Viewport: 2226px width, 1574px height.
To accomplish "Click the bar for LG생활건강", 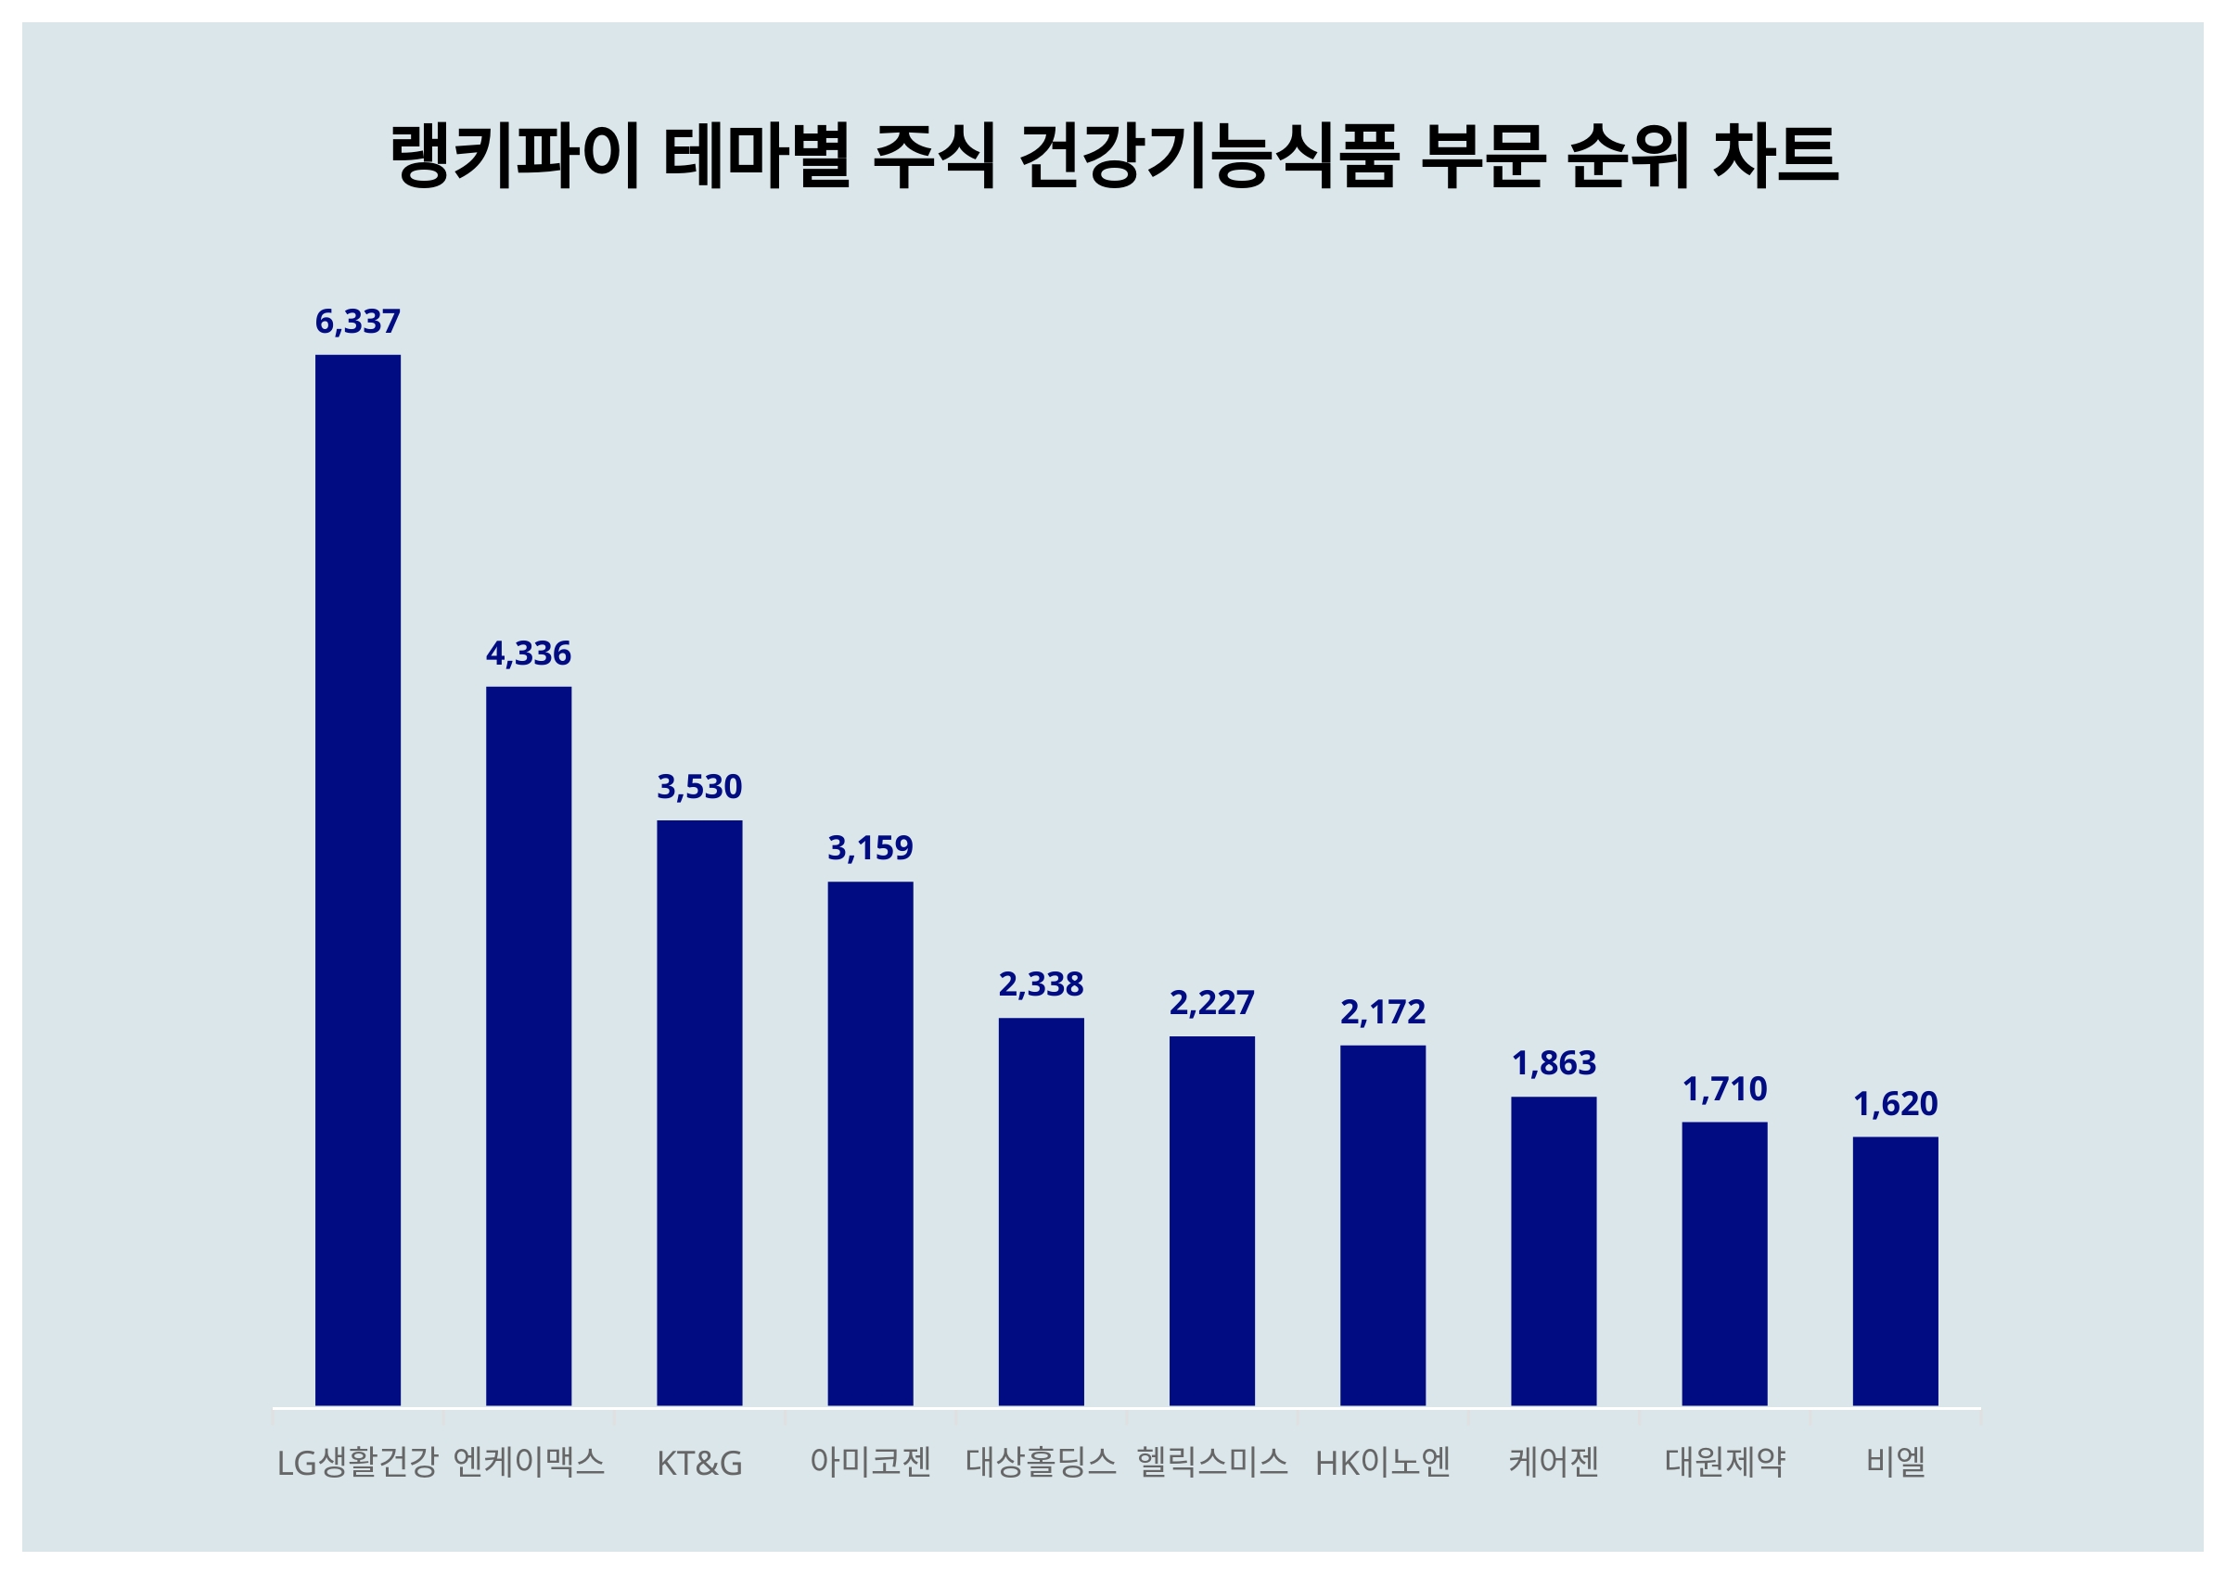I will coord(358,879).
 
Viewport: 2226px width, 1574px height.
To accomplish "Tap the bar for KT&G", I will coord(699,1111).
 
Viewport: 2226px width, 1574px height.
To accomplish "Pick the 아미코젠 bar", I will coord(870,1143).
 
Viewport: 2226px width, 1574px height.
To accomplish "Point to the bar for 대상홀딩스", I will coord(1041,1211).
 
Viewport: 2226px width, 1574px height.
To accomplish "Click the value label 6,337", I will coord(358,322).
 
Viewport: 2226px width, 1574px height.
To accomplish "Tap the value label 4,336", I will coord(529,654).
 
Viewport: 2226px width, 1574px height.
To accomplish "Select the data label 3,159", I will coord(870,848).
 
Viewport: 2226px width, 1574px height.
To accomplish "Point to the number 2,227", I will coord(1211,1002).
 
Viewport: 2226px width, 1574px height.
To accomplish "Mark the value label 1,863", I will coord(1554,1063).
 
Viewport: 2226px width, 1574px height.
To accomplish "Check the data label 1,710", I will coord(1724,1089).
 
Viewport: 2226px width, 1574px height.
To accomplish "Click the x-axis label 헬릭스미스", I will coord(1211,1462).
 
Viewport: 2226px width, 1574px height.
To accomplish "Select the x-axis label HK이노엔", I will coord(1383,1462).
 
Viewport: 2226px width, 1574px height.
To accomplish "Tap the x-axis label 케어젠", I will coord(1554,1462).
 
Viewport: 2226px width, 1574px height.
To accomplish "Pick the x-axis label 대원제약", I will coord(1724,1462).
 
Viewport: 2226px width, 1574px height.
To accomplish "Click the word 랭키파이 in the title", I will coord(515,155).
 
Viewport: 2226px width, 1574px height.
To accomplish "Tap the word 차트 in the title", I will coord(1775,155).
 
